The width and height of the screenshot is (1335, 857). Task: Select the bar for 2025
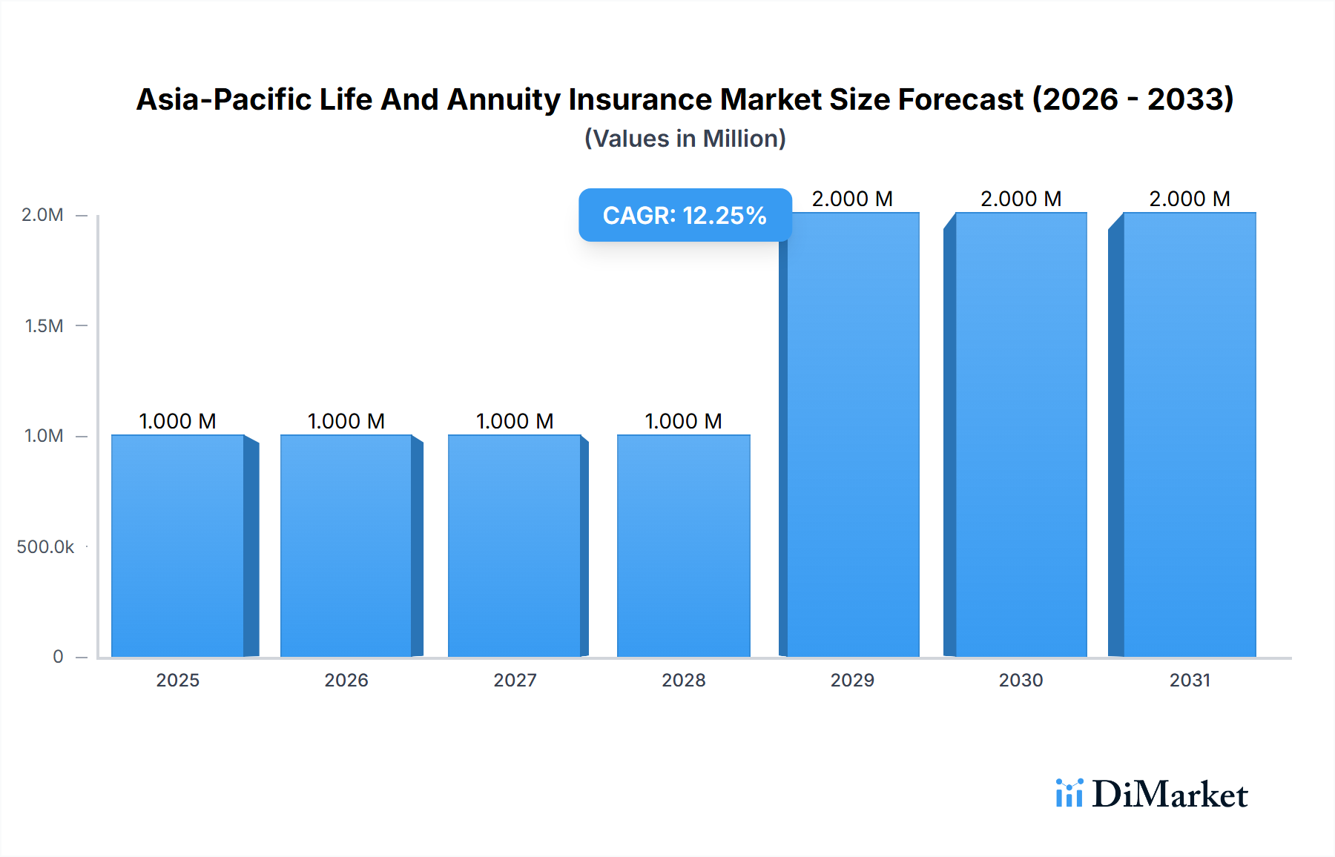[178, 546]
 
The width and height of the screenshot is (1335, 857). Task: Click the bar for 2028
[683, 546]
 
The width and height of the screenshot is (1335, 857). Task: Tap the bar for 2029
[852, 434]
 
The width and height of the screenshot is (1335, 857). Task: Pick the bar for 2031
[1189, 434]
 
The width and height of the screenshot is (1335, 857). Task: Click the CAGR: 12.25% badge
[685, 215]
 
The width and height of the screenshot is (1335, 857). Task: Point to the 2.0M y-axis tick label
[42, 215]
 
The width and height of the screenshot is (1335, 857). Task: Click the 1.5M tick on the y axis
[44, 325]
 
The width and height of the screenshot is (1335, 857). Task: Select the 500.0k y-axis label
[45, 547]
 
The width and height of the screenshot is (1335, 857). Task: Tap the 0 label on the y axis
[58, 657]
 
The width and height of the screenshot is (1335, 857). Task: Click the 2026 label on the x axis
[346, 680]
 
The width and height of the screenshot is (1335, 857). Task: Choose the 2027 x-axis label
[515, 680]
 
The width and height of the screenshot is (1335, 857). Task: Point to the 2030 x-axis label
[1021, 680]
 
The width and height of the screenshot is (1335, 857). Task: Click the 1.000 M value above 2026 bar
[346, 421]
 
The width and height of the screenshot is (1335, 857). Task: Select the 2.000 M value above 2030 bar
[1021, 199]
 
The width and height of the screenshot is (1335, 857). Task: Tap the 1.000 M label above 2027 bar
[515, 421]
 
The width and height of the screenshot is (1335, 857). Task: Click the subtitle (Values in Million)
[685, 139]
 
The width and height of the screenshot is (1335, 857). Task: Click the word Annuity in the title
[503, 100]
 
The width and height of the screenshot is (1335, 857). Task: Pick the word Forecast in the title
[960, 99]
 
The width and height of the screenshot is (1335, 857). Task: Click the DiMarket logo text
[1170, 795]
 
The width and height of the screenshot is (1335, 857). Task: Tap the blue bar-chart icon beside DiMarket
[1069, 793]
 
